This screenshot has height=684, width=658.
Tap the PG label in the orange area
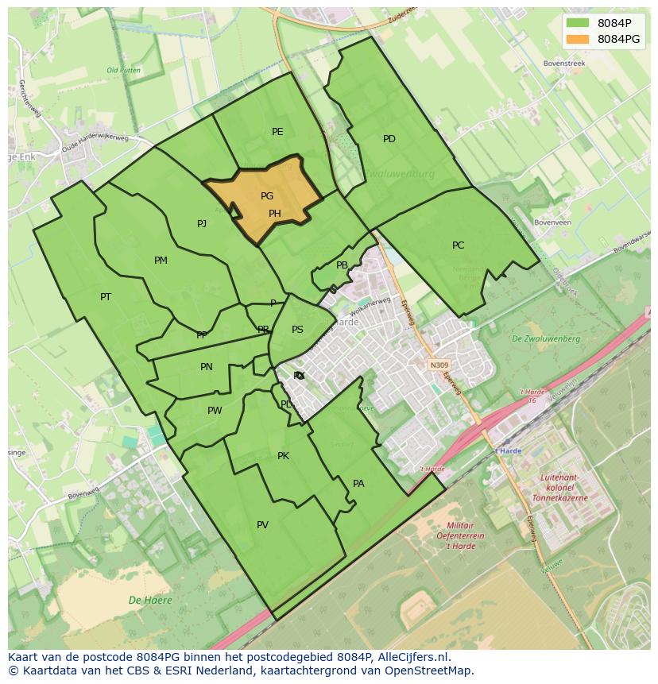point(267,196)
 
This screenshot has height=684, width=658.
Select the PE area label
point(277,132)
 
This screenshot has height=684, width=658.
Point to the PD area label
point(389,139)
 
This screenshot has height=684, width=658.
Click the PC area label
point(458,245)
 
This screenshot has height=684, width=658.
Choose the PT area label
point(106,297)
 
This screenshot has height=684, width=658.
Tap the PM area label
point(161,261)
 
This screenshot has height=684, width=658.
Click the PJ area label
point(202,224)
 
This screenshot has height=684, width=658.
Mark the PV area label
point(262,525)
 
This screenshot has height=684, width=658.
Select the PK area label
point(283,456)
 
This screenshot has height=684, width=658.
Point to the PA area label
point(358,484)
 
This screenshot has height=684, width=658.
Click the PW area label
point(215,411)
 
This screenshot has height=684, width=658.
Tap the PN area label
point(207,367)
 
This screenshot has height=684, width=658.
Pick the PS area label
point(297,330)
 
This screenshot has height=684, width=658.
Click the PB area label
point(342,266)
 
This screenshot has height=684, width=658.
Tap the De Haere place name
point(151,601)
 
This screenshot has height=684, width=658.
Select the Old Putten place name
point(123,71)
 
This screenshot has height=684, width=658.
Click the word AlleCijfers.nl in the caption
point(413,657)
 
